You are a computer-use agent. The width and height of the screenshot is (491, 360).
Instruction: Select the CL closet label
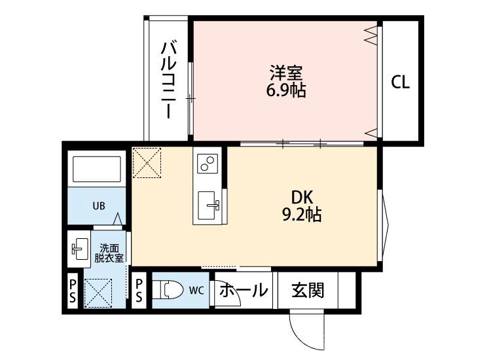pyautogui.click(x=401, y=83)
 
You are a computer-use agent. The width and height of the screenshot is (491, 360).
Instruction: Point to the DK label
pyautogui.click(x=302, y=196)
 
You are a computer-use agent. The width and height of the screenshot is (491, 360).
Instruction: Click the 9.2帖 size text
pyautogui.click(x=302, y=214)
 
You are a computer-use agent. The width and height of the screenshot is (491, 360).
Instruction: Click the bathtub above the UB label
pyautogui.click(x=97, y=170)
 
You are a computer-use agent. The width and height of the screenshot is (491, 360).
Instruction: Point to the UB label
pyautogui.click(x=98, y=206)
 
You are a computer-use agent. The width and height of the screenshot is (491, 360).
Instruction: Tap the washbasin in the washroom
pyautogui.click(x=79, y=249)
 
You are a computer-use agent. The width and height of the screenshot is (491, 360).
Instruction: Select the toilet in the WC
pyautogui.click(x=170, y=289)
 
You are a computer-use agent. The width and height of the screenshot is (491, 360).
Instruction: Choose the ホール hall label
pyautogui.click(x=243, y=290)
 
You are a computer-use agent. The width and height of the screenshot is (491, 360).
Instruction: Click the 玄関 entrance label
pyautogui.click(x=307, y=290)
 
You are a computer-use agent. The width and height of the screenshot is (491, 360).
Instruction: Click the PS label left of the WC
pyautogui.click(x=139, y=290)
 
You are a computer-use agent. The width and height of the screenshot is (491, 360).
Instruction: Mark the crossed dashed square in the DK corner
pyautogui.click(x=147, y=162)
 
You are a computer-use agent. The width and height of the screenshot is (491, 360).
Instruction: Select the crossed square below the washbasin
pyautogui.click(x=98, y=292)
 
